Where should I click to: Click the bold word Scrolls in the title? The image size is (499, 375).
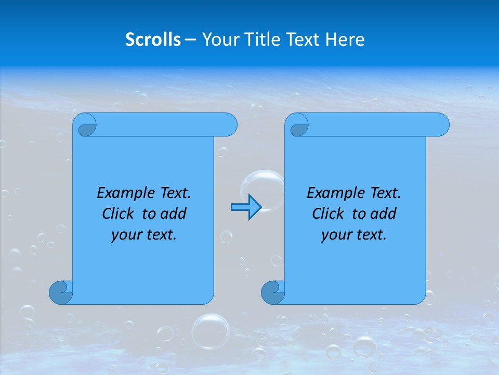coord(153,40)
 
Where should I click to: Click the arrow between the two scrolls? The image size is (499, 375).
coord(246,207)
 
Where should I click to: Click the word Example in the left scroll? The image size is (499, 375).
coord(125,193)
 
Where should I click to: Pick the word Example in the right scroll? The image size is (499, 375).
coord(335,193)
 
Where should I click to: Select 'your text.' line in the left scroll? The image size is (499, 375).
coord(144,234)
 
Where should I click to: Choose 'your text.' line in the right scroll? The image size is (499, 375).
coord(354,234)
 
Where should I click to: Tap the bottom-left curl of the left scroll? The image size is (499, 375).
coord(60,292)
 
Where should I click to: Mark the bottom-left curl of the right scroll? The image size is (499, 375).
coord(272,292)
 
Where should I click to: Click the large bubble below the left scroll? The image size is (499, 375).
coord(211,330)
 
